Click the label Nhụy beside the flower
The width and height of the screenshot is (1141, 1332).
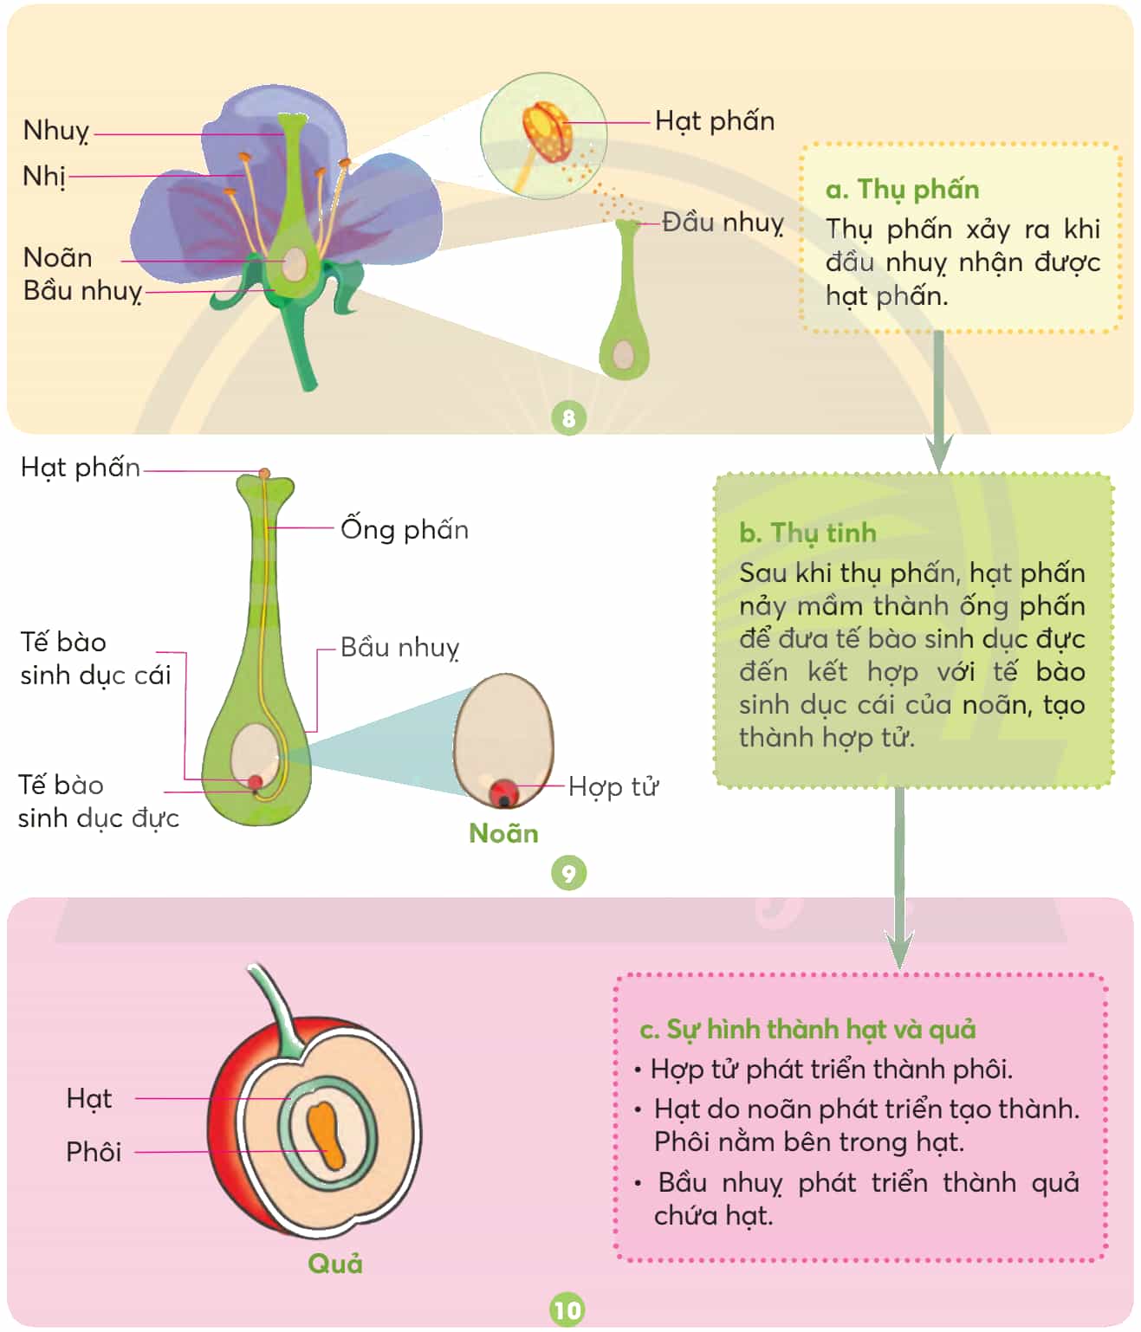(x=56, y=131)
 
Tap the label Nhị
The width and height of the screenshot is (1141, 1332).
(x=44, y=176)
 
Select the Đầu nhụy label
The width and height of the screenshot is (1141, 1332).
(x=723, y=223)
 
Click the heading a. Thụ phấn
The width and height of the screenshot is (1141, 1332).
(x=902, y=190)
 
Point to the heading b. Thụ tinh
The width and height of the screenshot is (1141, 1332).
(x=807, y=533)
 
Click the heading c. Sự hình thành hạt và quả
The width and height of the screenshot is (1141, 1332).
(x=807, y=1029)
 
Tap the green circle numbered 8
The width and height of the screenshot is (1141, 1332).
(x=568, y=417)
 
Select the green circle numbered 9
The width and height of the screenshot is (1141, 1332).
(x=568, y=872)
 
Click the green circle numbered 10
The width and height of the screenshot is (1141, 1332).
(x=567, y=1310)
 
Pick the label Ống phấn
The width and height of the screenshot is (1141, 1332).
(x=405, y=528)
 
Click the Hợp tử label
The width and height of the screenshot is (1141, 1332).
(x=613, y=787)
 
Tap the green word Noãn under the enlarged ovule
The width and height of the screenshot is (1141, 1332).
(x=503, y=833)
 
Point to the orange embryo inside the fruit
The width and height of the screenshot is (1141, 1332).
(x=326, y=1135)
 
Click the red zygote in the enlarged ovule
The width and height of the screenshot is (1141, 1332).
(x=503, y=792)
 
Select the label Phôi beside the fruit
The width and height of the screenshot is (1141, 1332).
(x=94, y=1152)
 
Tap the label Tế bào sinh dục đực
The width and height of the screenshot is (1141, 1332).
(x=98, y=802)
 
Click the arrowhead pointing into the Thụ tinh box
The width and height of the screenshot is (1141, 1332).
(x=939, y=452)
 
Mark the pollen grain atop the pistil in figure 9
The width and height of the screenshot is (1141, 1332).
(x=264, y=474)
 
